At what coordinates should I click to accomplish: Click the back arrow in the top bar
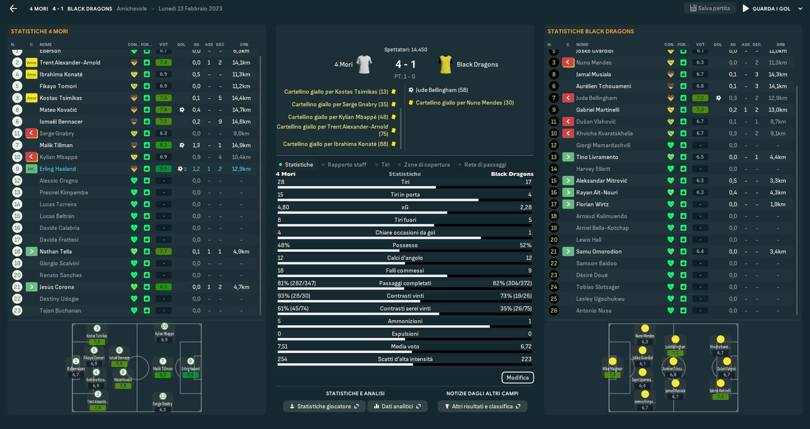coord(13,9)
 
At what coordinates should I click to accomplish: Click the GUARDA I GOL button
coord(766,9)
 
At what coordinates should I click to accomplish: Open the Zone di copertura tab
coord(427,165)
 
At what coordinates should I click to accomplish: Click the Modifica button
coord(518,378)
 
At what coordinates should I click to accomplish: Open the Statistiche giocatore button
coord(324,406)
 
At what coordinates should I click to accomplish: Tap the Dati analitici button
coord(397,406)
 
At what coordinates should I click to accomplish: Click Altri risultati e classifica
coord(482,406)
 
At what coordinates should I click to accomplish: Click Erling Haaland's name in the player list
coord(58,169)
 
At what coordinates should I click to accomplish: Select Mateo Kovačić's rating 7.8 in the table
coord(163,110)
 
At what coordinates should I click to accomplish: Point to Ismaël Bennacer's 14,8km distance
coord(241,121)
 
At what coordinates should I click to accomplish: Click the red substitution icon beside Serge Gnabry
coord(32,134)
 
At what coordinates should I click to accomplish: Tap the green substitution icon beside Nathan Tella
coord(32,252)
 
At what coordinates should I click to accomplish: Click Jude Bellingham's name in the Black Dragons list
coord(596,98)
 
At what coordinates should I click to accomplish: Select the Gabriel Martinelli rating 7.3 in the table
coord(700,110)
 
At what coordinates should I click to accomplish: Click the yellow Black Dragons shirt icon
coord(445,64)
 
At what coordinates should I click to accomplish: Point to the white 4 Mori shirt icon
coord(364,64)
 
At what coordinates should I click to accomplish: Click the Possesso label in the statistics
coord(405,245)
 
